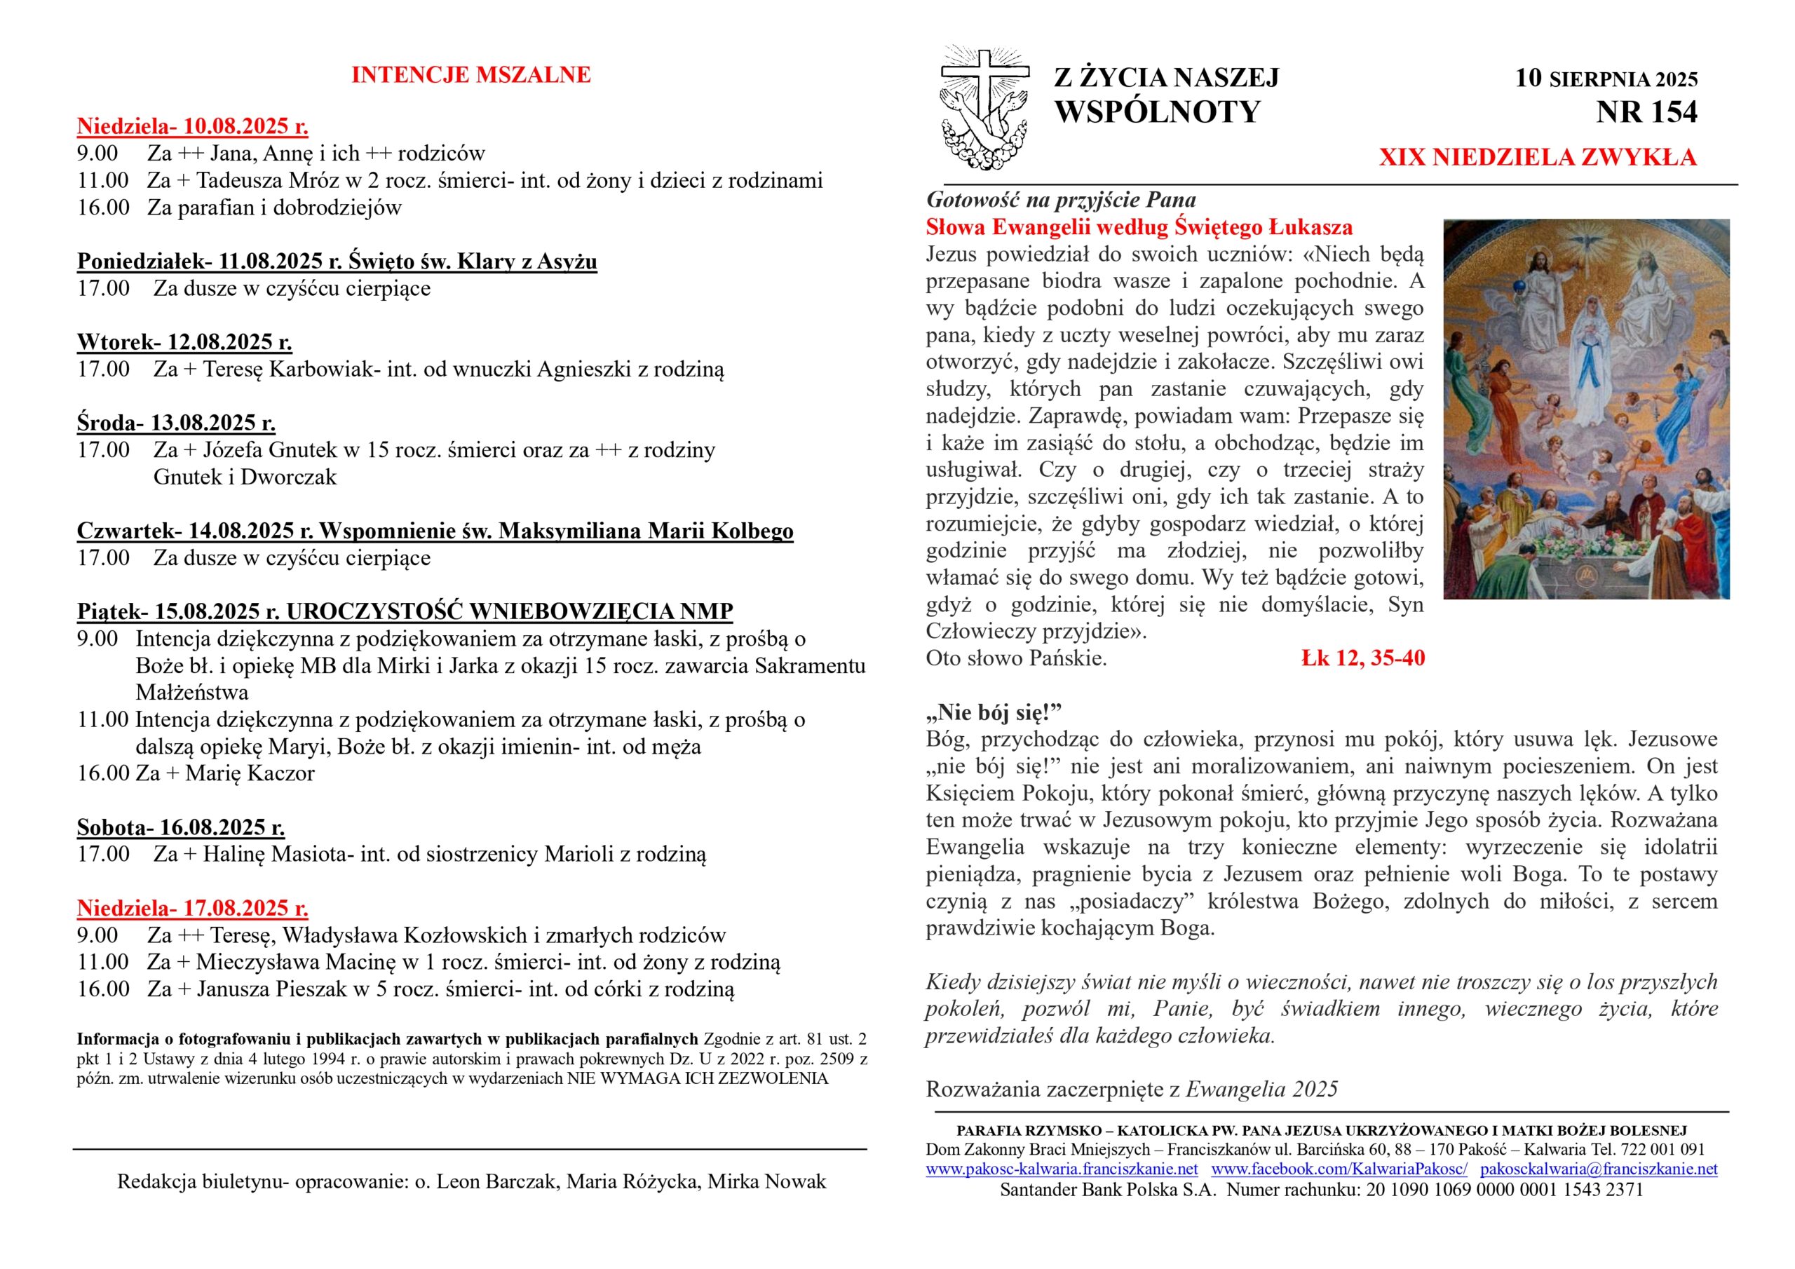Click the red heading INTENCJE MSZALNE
pyautogui.click(x=470, y=75)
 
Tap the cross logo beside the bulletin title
pyautogui.click(x=984, y=108)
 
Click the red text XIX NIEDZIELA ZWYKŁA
pyautogui.click(x=1537, y=157)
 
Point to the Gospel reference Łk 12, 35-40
pyautogui.click(x=1362, y=658)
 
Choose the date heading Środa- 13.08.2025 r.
pyautogui.click(x=176, y=423)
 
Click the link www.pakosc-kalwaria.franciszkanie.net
pyautogui.click(x=1062, y=1169)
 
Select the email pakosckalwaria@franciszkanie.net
pyautogui.click(x=1599, y=1169)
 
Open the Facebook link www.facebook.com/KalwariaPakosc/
pyautogui.click(x=1339, y=1169)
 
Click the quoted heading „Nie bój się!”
pyautogui.click(x=994, y=712)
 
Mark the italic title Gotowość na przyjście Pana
pyautogui.click(x=1061, y=200)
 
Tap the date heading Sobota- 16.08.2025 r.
pyautogui.click(x=181, y=827)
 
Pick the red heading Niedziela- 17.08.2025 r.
pyautogui.click(x=192, y=908)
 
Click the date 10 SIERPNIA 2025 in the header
pyautogui.click(x=1606, y=79)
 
